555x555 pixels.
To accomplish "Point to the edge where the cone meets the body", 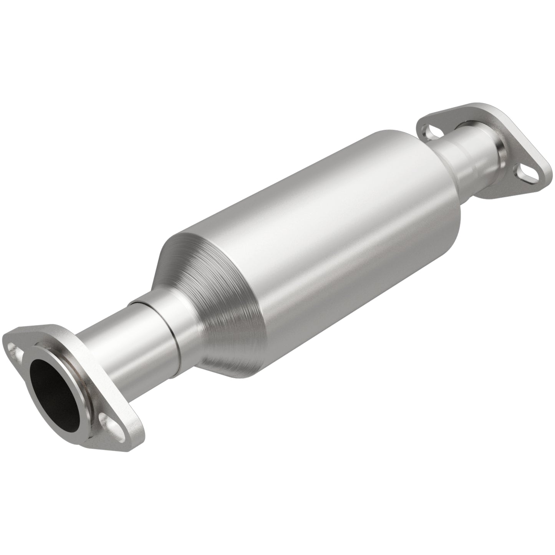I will click(215, 246).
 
